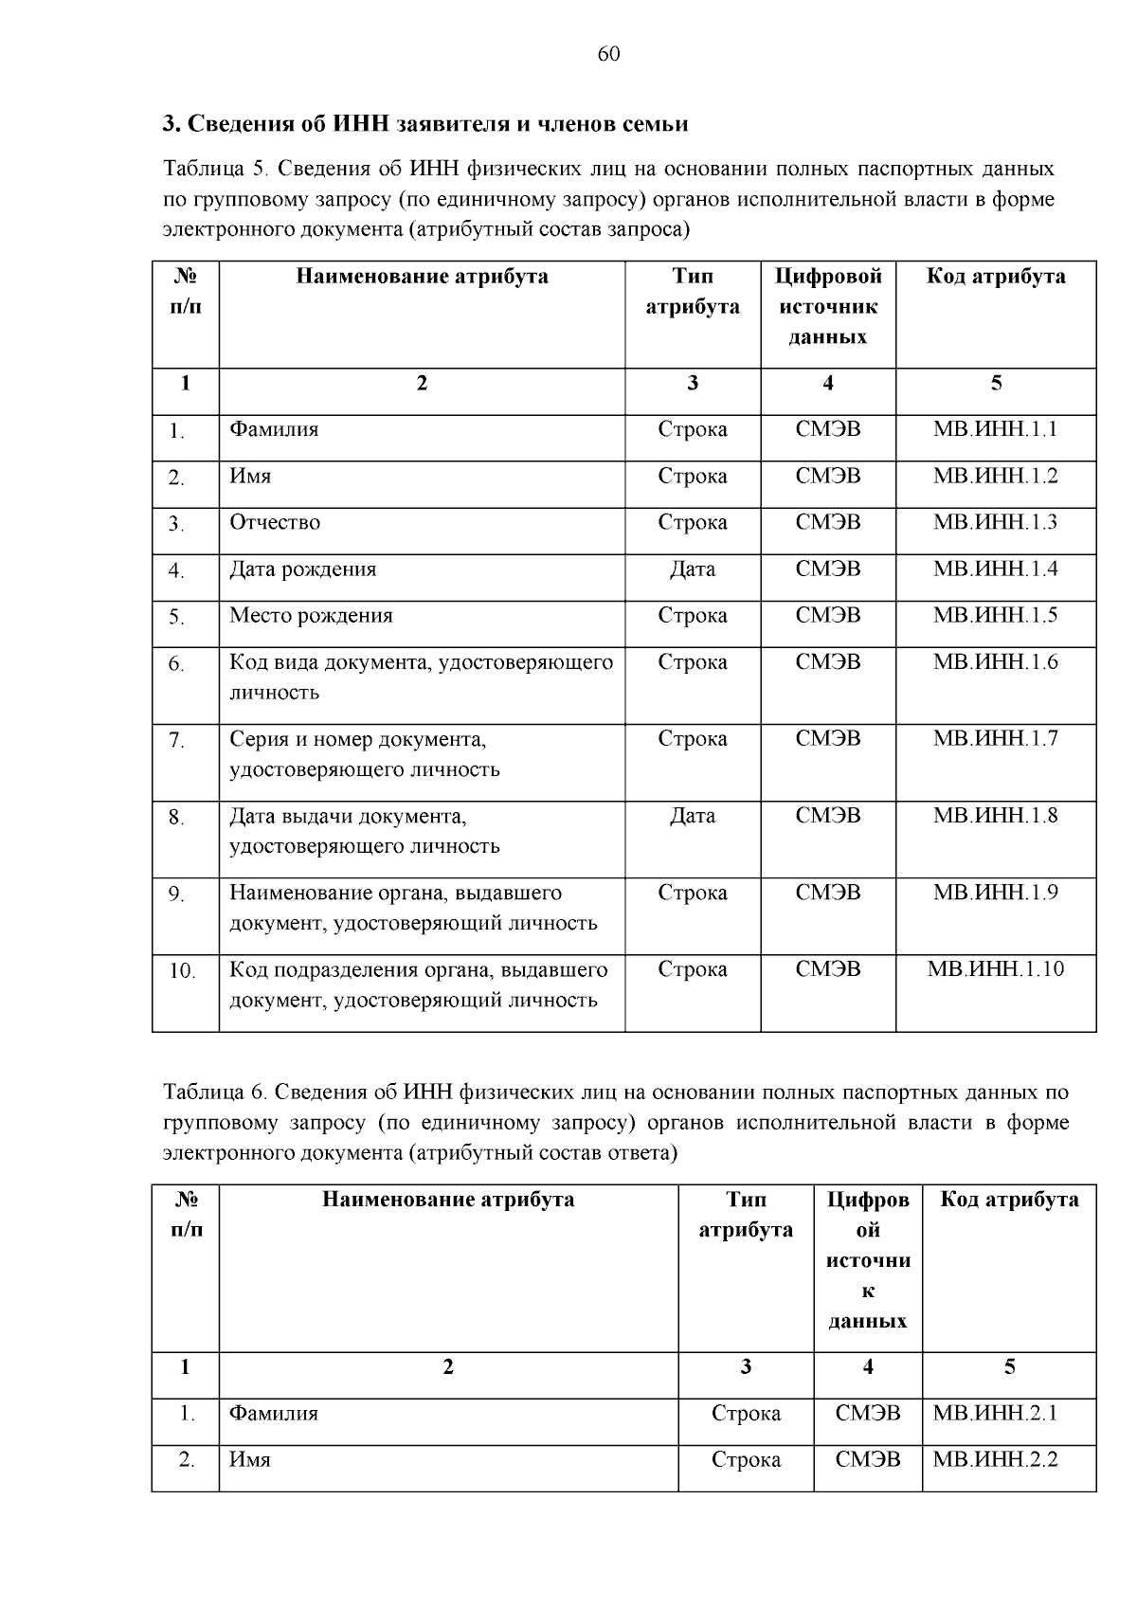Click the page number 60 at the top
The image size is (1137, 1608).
click(609, 54)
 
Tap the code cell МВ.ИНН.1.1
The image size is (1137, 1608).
click(995, 429)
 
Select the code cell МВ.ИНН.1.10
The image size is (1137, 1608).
click(995, 969)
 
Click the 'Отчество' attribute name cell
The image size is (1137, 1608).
click(275, 523)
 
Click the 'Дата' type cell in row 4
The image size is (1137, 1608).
click(692, 569)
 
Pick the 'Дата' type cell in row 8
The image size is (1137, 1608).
click(692, 816)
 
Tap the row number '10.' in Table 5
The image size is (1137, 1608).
click(182, 971)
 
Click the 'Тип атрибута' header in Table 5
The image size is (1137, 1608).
click(693, 292)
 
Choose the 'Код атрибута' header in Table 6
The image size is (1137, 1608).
click(1009, 1201)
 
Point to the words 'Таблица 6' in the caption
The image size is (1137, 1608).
click(215, 1093)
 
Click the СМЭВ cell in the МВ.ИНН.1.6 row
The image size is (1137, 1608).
click(828, 662)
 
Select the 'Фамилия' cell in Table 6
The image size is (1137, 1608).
click(274, 1414)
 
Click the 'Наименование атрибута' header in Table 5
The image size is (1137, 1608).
click(422, 277)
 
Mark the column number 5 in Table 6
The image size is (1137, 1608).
click(1009, 1367)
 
